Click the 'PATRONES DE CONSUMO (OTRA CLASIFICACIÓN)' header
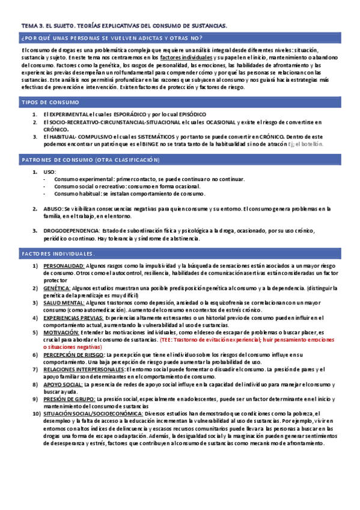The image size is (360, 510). (x=91, y=160)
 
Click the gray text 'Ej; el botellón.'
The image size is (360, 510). (x=306, y=144)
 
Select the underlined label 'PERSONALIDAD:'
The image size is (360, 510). (x=64, y=265)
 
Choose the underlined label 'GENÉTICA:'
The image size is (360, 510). (x=57, y=288)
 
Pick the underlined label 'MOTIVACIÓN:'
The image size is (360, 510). (x=61, y=333)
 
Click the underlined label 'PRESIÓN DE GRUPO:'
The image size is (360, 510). (x=68, y=399)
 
